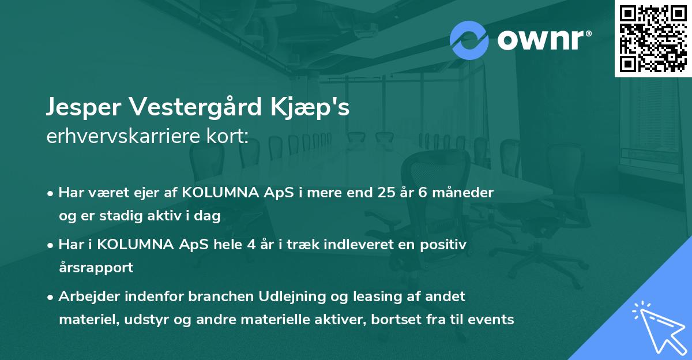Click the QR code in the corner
pos(653,39)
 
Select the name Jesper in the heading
pos(84,107)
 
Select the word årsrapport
pos(96,268)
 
